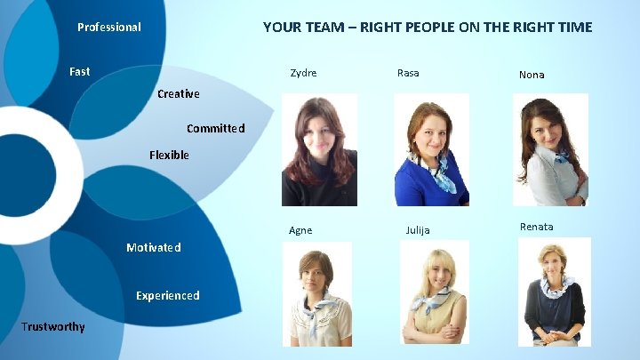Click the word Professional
pyautogui.click(x=108, y=27)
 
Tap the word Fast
pyautogui.click(x=79, y=71)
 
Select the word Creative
pyautogui.click(x=178, y=93)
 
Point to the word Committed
pyautogui.click(x=215, y=128)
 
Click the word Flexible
pyautogui.click(x=169, y=155)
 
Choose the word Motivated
pyautogui.click(x=153, y=247)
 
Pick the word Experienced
pyautogui.click(x=167, y=295)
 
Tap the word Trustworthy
pyautogui.click(x=53, y=326)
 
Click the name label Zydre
pyautogui.click(x=303, y=73)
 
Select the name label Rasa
pyautogui.click(x=408, y=73)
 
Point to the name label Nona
pyautogui.click(x=532, y=75)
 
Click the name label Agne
pyautogui.click(x=300, y=230)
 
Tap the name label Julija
pyautogui.click(x=418, y=230)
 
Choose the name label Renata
pyautogui.click(x=536, y=227)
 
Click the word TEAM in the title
pyautogui.click(x=316, y=27)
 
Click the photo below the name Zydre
pyautogui.click(x=319, y=150)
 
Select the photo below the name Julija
pyautogui.click(x=434, y=292)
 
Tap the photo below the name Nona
pyautogui.click(x=550, y=150)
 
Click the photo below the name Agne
pyautogui.click(x=316, y=293)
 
